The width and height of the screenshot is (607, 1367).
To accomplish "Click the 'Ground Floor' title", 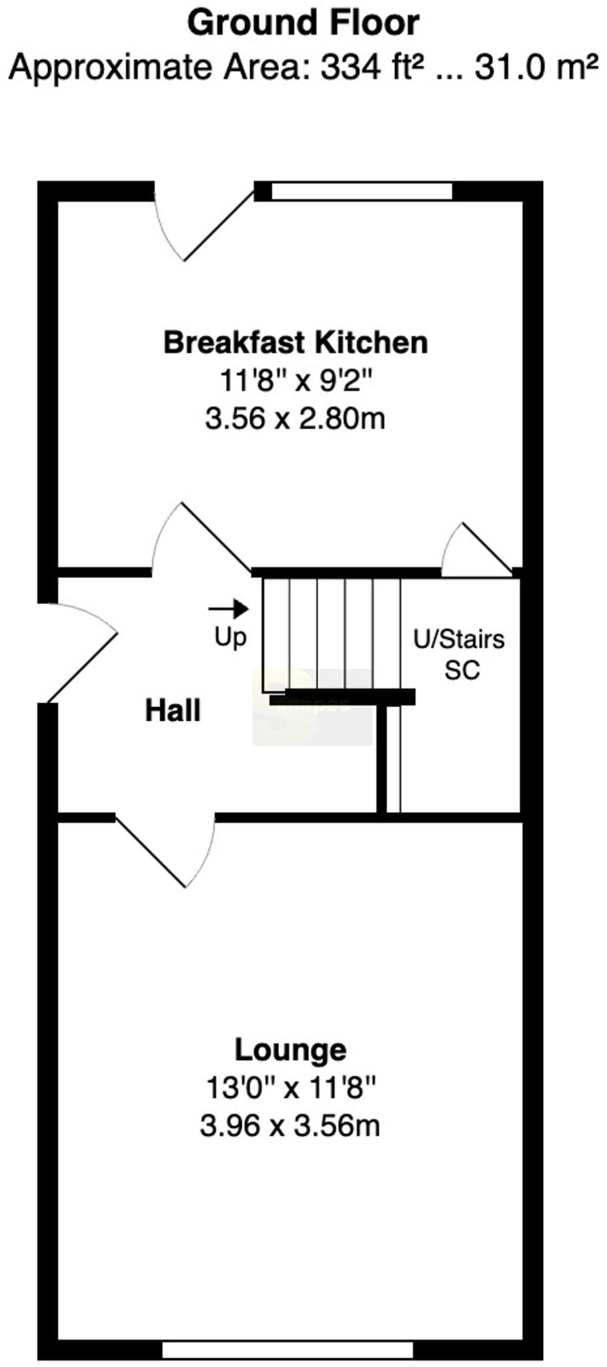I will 303,23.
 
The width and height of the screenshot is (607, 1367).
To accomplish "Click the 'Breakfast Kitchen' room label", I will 295,342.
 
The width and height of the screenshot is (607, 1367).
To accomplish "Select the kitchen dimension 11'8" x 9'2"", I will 295,382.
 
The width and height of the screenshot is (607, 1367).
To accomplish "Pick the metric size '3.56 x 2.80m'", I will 295,419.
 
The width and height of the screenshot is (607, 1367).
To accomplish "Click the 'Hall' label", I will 173,710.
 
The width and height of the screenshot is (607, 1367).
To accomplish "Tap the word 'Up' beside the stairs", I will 230,637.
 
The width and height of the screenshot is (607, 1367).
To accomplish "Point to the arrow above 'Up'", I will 228,609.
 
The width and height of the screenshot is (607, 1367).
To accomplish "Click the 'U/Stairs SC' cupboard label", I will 460,654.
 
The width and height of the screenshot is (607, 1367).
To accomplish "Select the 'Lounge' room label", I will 290,1050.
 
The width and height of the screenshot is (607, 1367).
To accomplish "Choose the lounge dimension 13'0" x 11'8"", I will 291,1088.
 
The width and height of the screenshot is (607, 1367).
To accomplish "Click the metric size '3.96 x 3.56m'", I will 290,1126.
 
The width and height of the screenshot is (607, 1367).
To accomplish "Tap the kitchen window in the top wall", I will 362,192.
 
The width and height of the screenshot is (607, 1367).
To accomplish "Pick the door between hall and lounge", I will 167,848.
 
